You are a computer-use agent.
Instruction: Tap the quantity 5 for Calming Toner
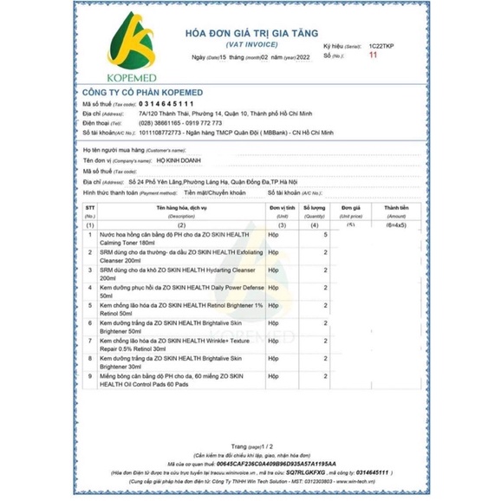click(326, 235)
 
